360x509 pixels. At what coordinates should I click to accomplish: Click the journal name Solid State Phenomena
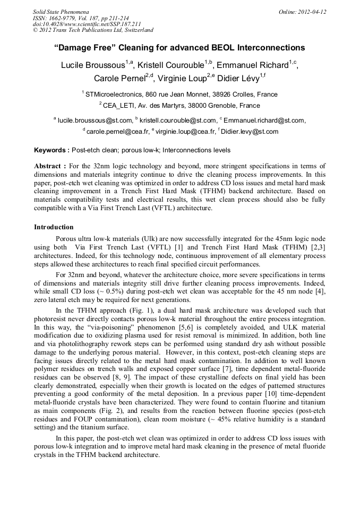pyautogui.click(x=61, y=11)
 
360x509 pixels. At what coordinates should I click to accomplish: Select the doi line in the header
pyautogui.click(x=87, y=24)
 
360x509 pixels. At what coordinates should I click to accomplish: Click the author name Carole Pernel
pyautogui.click(x=121, y=79)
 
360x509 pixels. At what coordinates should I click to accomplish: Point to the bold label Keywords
pyautogui.click(x=52, y=150)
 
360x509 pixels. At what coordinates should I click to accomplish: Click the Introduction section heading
pyautogui.click(x=54, y=227)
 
